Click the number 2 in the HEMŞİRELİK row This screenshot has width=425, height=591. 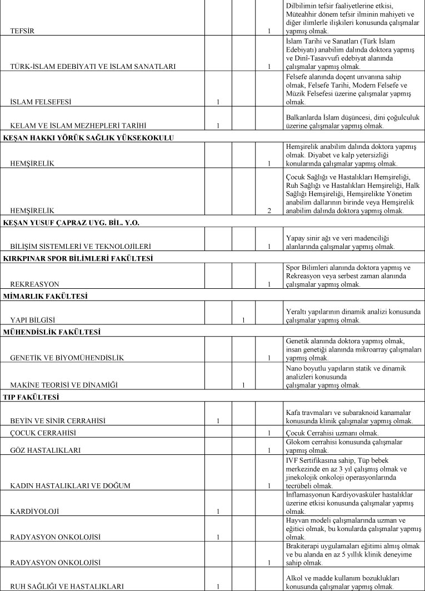coord(269,211)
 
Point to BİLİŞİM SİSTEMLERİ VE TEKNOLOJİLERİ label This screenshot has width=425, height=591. coord(81,246)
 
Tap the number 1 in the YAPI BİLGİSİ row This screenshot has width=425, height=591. coord(244,320)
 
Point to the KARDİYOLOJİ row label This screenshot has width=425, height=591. coord(34,510)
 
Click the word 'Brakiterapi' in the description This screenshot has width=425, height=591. coord(304,546)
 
